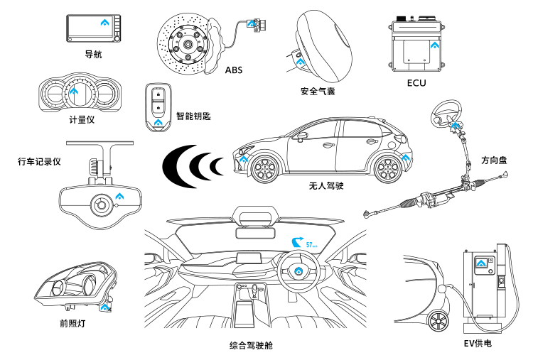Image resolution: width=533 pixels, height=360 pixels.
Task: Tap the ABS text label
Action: coord(234,70)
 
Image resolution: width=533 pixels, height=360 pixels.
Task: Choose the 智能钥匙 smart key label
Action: coord(193,116)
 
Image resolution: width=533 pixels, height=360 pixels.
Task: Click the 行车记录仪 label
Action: coord(39,162)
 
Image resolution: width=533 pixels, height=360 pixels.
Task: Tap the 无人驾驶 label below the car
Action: coord(326,186)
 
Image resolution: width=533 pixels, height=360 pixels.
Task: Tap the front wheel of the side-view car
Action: coord(264,170)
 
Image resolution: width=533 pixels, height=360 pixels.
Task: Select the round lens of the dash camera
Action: coord(99,205)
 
